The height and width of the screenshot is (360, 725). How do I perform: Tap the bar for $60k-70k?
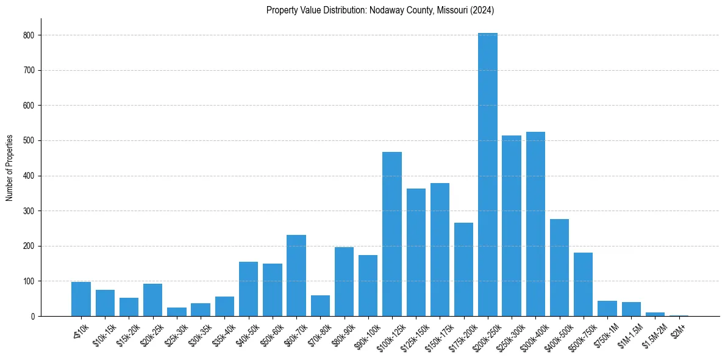pyautogui.click(x=296, y=275)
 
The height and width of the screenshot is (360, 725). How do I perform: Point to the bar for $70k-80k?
pyautogui.click(x=320, y=306)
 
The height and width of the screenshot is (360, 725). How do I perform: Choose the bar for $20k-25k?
pyautogui.click(x=153, y=300)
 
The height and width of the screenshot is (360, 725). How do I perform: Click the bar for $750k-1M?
pyautogui.click(x=607, y=308)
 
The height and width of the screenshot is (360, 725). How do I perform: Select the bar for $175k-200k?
pyautogui.click(x=463, y=269)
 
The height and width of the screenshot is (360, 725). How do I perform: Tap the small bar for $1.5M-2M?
pyautogui.click(x=655, y=314)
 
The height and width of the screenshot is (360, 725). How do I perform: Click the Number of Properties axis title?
pyautogui.click(x=10, y=167)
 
